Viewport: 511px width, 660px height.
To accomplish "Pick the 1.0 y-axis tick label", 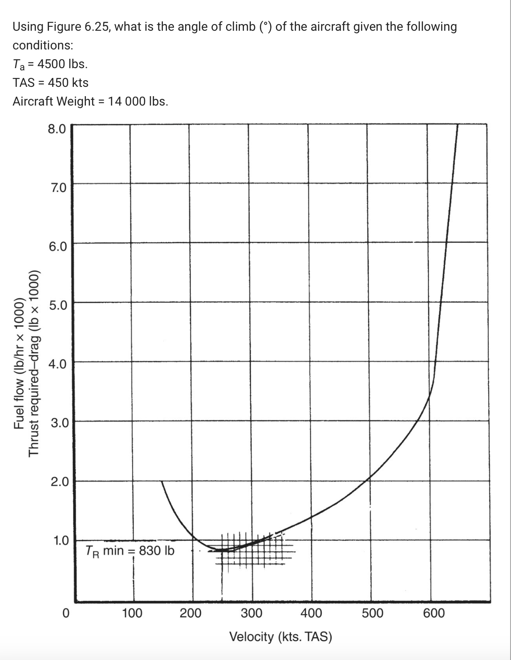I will (x=60, y=541).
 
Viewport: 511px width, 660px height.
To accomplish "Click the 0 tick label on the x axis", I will (x=65, y=613).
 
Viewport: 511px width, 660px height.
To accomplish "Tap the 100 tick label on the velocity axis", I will (x=132, y=613).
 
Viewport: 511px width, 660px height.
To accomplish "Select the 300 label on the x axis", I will (x=251, y=613).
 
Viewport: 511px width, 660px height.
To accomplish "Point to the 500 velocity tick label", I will (x=372, y=613).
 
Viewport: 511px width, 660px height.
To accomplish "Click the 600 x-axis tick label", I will (x=434, y=613).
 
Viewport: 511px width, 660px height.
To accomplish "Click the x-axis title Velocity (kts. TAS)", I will (x=280, y=636).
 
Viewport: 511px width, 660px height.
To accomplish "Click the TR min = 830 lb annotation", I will (x=130, y=551).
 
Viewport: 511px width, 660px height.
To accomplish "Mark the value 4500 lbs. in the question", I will (x=62, y=64).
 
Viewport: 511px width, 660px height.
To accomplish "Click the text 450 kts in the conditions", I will (x=71, y=83).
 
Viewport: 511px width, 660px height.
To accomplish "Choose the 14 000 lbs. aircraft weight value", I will (x=138, y=102).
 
